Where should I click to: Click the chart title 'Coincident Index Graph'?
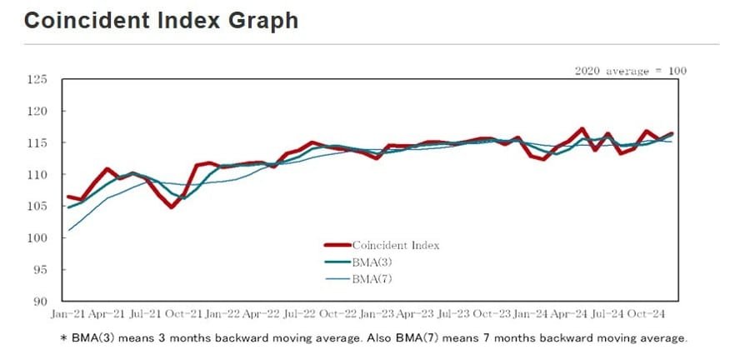161,20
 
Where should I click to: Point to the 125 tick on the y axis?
38,80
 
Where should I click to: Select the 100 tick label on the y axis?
38,238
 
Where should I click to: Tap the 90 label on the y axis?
41,302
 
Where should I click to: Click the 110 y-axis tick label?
38,175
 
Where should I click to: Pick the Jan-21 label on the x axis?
68,315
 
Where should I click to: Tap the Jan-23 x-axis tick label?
377,315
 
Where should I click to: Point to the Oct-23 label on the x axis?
492,315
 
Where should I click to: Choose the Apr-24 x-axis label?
568,315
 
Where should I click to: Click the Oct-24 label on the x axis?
646,315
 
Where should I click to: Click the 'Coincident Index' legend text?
395,245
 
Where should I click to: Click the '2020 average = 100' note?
631,71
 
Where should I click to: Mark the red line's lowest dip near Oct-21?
171,207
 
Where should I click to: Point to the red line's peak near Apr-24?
582,129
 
